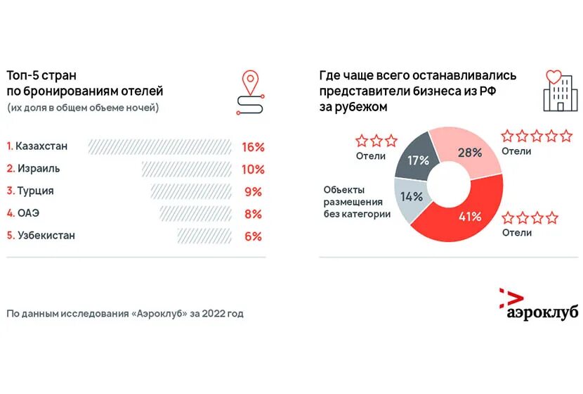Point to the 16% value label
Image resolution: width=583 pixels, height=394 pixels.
[252, 147]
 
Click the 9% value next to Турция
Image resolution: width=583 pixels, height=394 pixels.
[253, 191]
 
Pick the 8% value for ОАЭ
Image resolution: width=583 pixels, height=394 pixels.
[253, 214]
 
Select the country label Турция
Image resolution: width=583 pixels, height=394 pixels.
[35, 191]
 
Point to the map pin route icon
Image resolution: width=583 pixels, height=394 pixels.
[249, 92]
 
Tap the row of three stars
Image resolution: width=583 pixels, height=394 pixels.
[376, 141]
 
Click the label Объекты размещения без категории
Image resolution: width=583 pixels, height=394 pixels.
[357, 202]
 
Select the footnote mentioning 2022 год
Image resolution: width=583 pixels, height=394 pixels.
[125, 314]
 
